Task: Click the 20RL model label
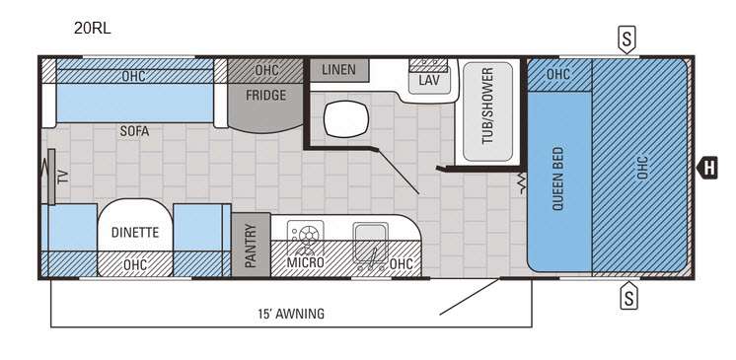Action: tap(92, 29)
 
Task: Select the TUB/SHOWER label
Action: tap(487, 107)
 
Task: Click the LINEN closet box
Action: tap(339, 70)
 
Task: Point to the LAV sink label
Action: tap(429, 80)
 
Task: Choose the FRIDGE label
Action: tap(265, 96)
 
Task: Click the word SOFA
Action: tap(134, 131)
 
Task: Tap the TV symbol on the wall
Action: tap(51, 177)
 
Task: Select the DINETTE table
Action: tap(135, 232)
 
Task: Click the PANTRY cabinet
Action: tap(251, 245)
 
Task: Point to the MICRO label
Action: tap(305, 262)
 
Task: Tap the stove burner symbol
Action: tap(306, 234)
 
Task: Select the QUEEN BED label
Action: tap(557, 179)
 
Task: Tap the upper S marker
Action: tap(626, 38)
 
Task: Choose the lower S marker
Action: tap(629, 296)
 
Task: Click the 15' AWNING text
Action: tap(291, 314)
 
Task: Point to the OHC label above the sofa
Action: tap(133, 76)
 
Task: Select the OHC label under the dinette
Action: tap(135, 265)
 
